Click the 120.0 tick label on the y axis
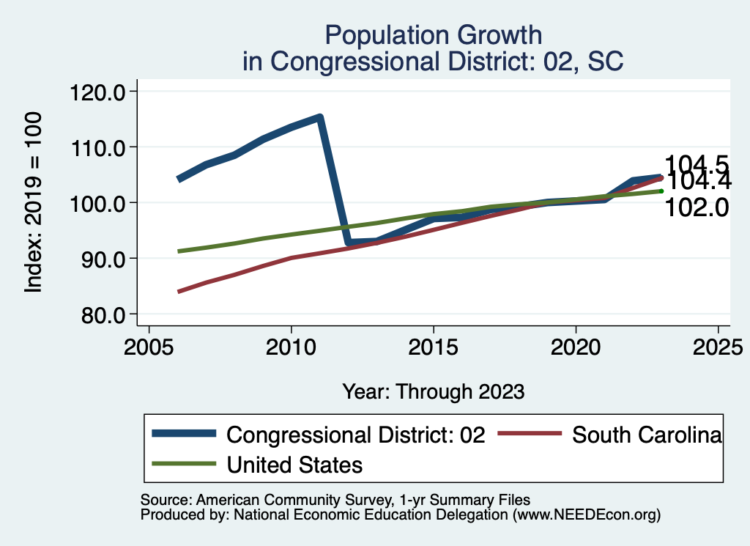(x=97, y=92)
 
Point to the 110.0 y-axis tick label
(x=97, y=147)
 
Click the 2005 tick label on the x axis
(x=149, y=347)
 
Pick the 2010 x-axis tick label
(x=291, y=347)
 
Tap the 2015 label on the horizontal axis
(x=434, y=347)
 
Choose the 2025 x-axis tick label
(x=718, y=347)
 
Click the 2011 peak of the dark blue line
(x=319, y=117)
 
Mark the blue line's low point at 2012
(x=349, y=242)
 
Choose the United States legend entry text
(x=294, y=464)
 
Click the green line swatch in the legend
(x=184, y=464)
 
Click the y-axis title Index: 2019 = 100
(x=34, y=203)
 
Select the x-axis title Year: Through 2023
(x=434, y=391)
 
